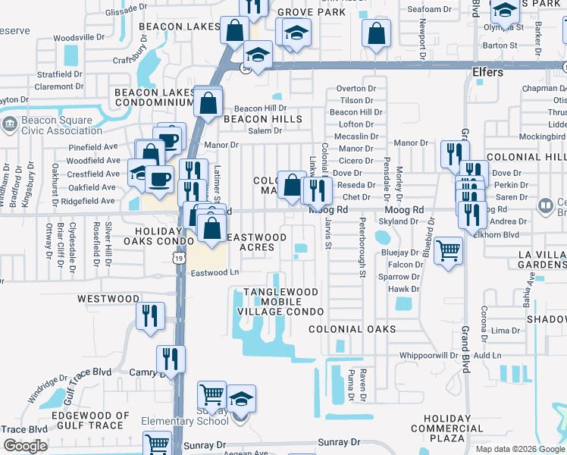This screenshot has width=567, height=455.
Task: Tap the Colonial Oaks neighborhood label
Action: (x=352, y=329)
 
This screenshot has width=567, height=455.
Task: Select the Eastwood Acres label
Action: (x=258, y=242)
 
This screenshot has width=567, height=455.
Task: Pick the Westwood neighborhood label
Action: (x=108, y=299)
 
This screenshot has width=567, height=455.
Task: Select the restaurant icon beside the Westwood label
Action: (x=150, y=314)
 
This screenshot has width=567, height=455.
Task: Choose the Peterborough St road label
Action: (x=362, y=246)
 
